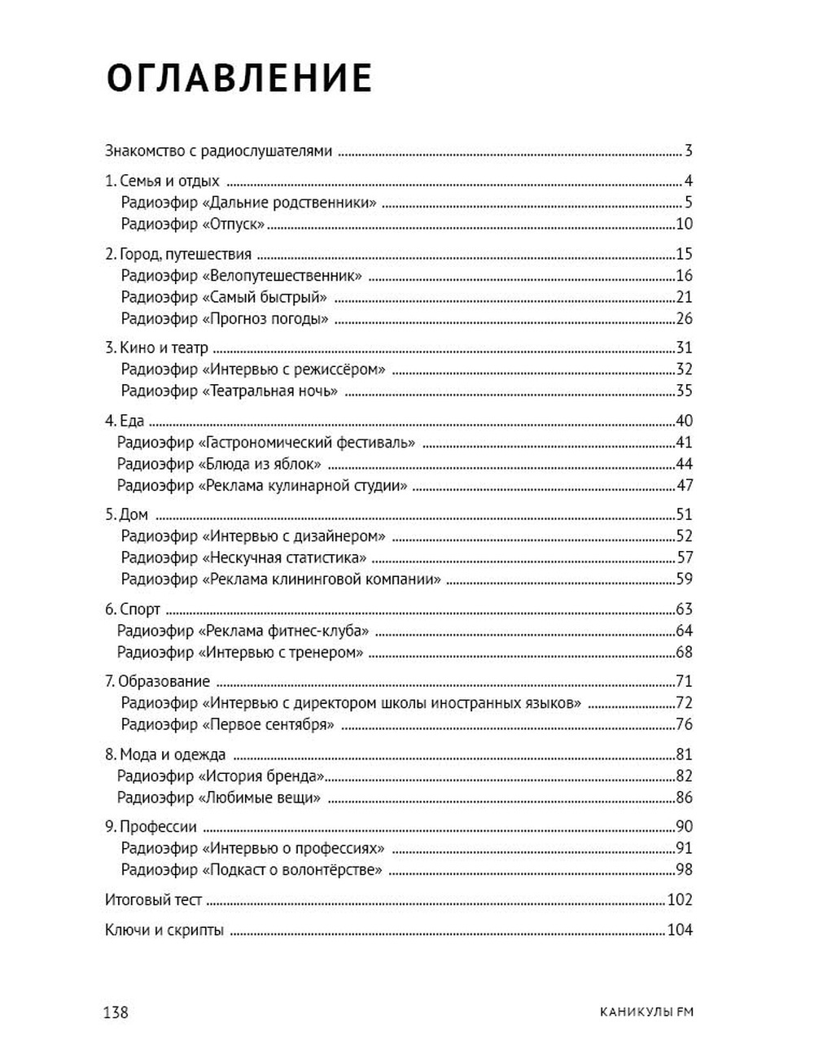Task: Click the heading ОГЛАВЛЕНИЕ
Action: coord(239,79)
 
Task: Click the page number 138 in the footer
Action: coord(116,1012)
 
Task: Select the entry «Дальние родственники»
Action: coord(248,203)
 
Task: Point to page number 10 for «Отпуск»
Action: coord(684,225)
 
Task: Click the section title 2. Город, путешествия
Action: coord(178,254)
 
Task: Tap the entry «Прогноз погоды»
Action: coord(225,319)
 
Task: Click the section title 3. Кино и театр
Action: coord(157,348)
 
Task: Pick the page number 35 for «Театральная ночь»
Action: coord(684,391)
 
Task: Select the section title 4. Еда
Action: coord(125,422)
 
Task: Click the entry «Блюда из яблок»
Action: coord(219,465)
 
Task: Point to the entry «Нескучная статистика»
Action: coord(243,558)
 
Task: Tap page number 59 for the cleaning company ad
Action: coord(684,579)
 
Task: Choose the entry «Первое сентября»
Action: coord(228,724)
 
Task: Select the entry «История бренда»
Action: coord(221,776)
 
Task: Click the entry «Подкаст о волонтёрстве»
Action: coord(252,870)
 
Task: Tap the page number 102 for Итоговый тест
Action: coord(680,900)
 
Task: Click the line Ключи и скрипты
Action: coord(164,930)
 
